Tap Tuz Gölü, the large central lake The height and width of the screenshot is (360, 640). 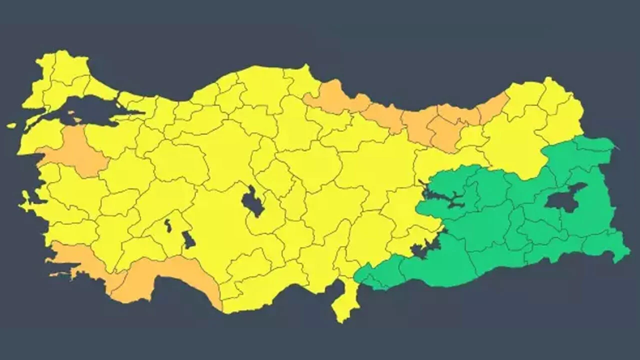(252, 202)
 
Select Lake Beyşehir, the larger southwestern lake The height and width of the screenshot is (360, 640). (188, 240)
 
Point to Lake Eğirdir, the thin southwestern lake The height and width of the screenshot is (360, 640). (168, 225)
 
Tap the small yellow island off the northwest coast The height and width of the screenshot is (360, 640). (11, 125)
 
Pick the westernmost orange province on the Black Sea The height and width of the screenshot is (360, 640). (332, 97)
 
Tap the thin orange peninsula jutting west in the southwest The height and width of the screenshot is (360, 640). (60, 274)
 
